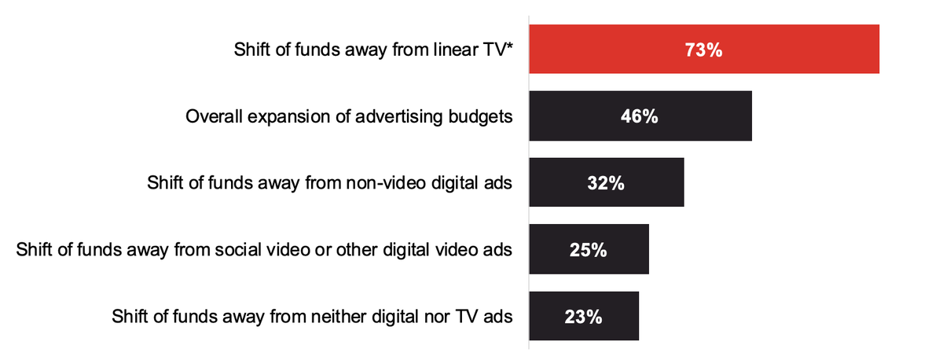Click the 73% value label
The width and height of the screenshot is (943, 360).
(x=703, y=50)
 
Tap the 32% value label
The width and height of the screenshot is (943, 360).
(x=605, y=184)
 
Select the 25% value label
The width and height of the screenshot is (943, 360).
(x=588, y=251)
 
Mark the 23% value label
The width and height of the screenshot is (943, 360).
(x=583, y=318)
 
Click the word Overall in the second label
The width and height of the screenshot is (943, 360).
(x=212, y=117)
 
